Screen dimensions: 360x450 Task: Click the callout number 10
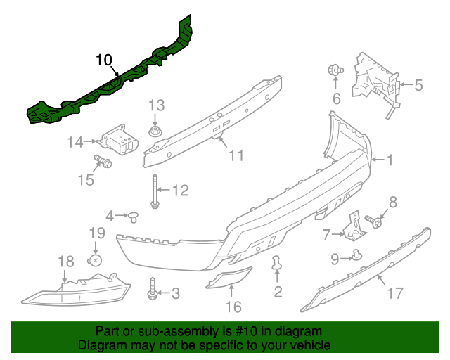[103, 60]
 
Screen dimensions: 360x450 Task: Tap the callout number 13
[155, 105]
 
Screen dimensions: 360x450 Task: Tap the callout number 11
[236, 154]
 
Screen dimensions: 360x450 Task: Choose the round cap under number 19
[96, 260]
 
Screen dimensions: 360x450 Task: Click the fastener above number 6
[335, 70]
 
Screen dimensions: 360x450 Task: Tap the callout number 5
[418, 86]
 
